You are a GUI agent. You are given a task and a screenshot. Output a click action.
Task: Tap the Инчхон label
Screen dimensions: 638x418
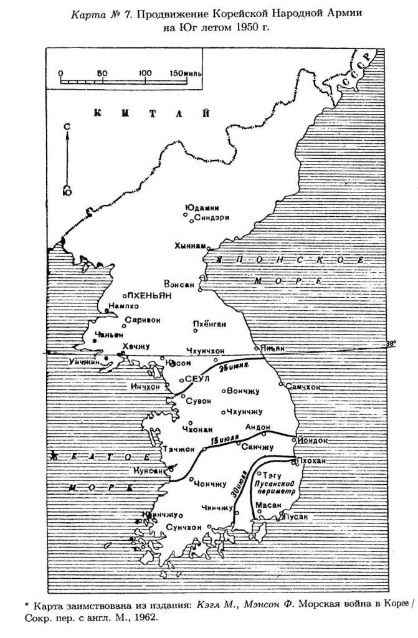point(145,387)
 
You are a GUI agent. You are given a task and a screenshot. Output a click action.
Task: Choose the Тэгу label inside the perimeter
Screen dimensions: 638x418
point(270,474)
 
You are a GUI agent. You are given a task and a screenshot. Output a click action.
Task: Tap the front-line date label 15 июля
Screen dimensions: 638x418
point(224,440)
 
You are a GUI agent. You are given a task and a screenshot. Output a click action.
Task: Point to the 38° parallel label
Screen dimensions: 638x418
point(391,342)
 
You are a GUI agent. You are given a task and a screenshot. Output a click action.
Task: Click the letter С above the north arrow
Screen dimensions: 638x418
point(67,126)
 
